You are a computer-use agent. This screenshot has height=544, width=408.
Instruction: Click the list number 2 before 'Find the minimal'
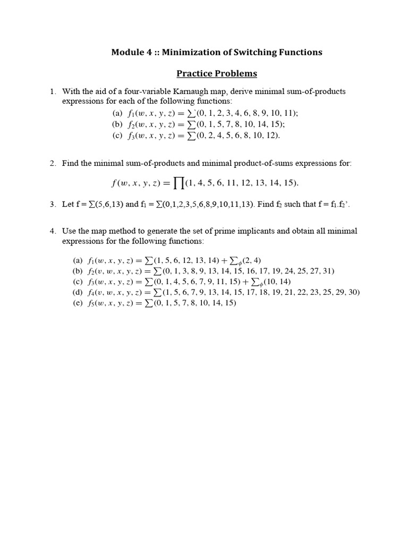click(x=53, y=163)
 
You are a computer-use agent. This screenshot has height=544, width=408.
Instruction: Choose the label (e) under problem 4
click(x=78, y=303)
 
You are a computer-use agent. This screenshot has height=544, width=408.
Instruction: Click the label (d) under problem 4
click(x=78, y=292)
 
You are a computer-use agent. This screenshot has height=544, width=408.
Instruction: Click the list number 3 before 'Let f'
click(x=53, y=204)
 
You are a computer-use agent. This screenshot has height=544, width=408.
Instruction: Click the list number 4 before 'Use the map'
click(x=53, y=231)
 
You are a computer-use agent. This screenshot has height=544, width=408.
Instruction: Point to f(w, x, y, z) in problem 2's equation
click(x=133, y=183)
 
